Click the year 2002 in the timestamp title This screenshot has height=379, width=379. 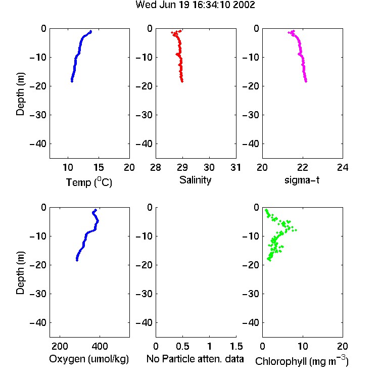coord(244,5)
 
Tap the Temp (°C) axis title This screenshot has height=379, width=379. coord(89,182)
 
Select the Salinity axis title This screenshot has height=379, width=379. coord(195,180)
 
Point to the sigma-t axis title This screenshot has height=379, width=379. coord(302,180)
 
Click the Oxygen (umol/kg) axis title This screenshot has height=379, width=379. coord(89,359)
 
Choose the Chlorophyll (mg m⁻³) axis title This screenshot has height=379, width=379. coord(302,361)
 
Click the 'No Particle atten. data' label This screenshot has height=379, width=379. coord(195,359)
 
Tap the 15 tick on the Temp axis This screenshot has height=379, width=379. coord(99,167)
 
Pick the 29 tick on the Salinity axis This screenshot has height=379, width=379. coord(182,167)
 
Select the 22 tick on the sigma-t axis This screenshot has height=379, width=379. coord(302,167)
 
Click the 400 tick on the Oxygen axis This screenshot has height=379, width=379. coord(100,346)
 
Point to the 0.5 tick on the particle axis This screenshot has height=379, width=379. coord(182,346)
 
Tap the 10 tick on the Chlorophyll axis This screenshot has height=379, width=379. coord(302,346)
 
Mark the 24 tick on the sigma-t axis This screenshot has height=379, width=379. coord(343,167)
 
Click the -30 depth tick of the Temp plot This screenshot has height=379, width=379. coord(38,115)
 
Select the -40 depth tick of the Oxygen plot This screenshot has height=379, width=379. coord(38,323)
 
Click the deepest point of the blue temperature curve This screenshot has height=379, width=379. coord(72,81)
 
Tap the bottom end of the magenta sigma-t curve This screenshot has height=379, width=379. coord(306,81)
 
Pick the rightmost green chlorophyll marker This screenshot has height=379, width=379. coord(296,230)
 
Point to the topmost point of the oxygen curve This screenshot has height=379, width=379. coord(96,210)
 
